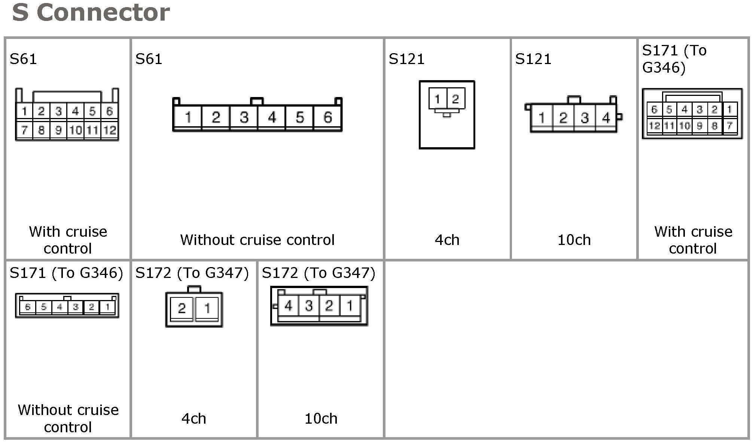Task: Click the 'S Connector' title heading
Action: pyautogui.click(x=91, y=13)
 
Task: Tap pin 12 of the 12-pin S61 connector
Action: pyautogui.click(x=110, y=130)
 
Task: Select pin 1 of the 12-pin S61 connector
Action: pyautogui.click(x=24, y=111)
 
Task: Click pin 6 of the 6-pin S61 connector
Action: pyautogui.click(x=327, y=118)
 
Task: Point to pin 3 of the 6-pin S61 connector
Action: pyautogui.click(x=244, y=118)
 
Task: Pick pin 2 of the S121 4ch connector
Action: pyautogui.click(x=455, y=99)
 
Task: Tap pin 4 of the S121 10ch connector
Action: pyautogui.click(x=606, y=118)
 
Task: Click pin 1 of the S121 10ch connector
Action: pyautogui.click(x=541, y=118)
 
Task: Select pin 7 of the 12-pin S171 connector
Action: pyautogui.click(x=729, y=126)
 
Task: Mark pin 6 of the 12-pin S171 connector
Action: pyautogui.click(x=654, y=109)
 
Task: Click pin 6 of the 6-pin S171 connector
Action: pyautogui.click(x=28, y=307)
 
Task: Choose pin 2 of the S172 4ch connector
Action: pyautogui.click(x=182, y=308)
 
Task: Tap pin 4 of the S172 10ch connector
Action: pyautogui.click(x=288, y=306)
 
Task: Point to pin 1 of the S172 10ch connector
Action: pyautogui.click(x=350, y=306)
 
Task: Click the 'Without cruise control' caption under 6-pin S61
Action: pyautogui.click(x=257, y=240)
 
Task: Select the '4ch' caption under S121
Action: pyautogui.click(x=447, y=240)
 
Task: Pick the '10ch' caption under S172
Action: pyautogui.click(x=321, y=418)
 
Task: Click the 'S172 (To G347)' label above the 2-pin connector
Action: pyautogui.click(x=192, y=273)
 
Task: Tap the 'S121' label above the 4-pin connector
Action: pyautogui.click(x=533, y=59)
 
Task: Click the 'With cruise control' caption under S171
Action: pyautogui.click(x=693, y=240)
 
